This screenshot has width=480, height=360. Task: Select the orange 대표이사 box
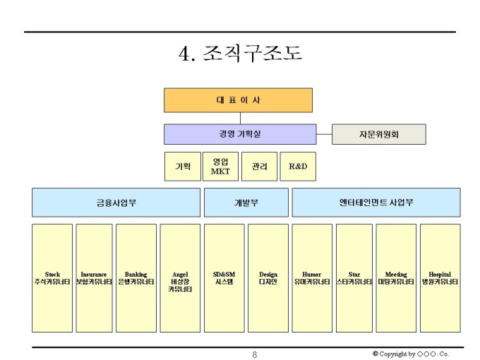click(238, 100)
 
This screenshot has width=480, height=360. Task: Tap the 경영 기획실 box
click(240, 134)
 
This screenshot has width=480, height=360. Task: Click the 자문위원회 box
click(379, 134)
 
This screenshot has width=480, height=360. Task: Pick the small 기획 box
click(182, 167)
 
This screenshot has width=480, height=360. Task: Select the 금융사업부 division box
click(116, 203)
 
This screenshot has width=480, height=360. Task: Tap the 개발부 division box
click(246, 203)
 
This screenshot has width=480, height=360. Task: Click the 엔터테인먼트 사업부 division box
click(376, 203)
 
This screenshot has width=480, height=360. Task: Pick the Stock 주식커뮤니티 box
click(52, 278)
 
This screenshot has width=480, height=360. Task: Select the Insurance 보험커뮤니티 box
click(94, 278)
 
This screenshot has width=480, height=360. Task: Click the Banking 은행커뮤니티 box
click(136, 278)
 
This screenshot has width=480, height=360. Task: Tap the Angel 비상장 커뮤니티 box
click(180, 278)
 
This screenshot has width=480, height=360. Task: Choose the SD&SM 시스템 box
click(224, 278)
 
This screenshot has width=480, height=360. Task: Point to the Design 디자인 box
click(268, 278)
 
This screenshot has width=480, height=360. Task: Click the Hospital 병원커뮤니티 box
click(440, 278)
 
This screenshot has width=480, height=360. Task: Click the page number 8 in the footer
click(254, 354)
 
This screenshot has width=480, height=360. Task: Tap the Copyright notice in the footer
click(410, 354)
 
